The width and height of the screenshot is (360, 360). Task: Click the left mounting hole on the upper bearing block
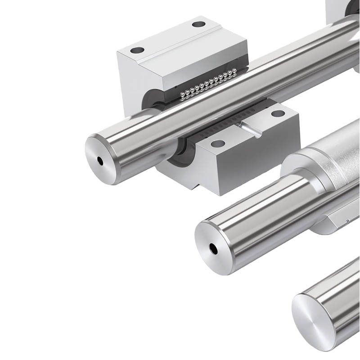pyautogui.click(x=137, y=50)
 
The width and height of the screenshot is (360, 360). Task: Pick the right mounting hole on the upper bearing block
pyautogui.click(x=198, y=24)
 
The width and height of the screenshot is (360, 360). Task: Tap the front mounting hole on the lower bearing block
pyautogui.click(x=218, y=144)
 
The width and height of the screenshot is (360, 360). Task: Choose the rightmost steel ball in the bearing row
pyautogui.click(x=234, y=71)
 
